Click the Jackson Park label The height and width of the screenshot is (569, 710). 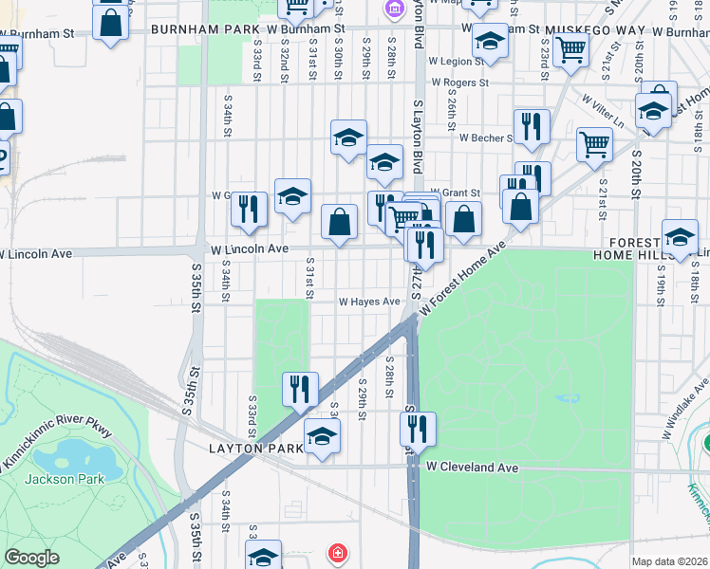click(x=65, y=479)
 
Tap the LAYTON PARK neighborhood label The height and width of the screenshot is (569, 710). click(x=254, y=448)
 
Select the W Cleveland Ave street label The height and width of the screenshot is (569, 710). click(x=472, y=468)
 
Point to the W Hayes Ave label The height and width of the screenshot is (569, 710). click(x=369, y=302)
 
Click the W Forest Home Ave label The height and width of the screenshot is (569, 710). click(x=460, y=279)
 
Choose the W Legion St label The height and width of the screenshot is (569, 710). click(x=456, y=61)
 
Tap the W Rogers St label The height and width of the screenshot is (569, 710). click(x=458, y=83)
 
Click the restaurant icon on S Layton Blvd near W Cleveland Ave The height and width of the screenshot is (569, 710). click(x=418, y=429)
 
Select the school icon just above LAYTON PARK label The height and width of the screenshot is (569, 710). click(x=322, y=437)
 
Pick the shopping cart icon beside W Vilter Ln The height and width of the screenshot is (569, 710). click(x=594, y=145)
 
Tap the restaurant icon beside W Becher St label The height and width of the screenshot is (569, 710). click(x=532, y=126)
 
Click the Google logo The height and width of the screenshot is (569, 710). click(x=32, y=558)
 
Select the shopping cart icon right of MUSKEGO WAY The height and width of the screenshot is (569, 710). click(x=570, y=46)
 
